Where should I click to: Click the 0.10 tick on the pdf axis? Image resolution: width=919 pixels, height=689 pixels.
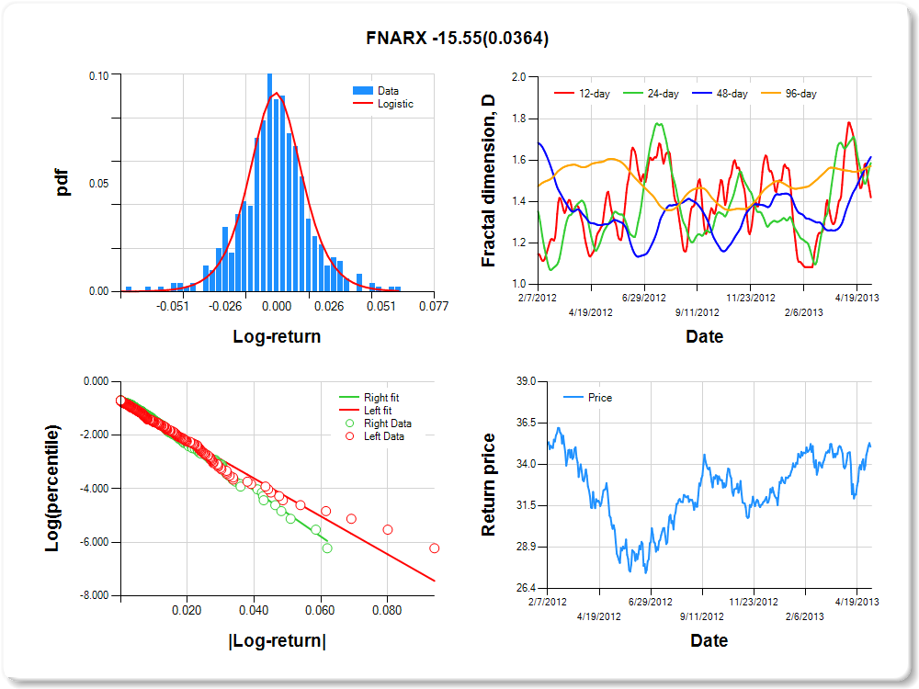pyautogui.click(x=98, y=75)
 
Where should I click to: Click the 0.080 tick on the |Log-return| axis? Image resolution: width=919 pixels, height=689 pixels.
pyautogui.click(x=387, y=609)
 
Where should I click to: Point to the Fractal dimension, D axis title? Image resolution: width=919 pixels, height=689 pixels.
pyautogui.click(x=489, y=181)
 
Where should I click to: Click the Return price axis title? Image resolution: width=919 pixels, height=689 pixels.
pyautogui.click(x=489, y=484)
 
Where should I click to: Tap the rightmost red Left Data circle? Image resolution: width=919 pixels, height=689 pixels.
pyautogui.click(x=435, y=548)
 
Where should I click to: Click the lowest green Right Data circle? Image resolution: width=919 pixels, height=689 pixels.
pyautogui.click(x=327, y=548)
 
